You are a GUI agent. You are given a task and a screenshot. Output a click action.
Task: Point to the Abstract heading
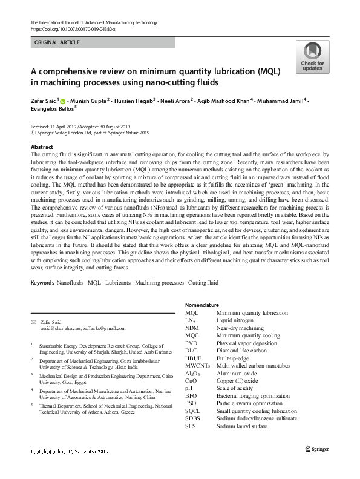[41, 148]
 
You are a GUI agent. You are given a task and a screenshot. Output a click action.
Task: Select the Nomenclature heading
[203, 305]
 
